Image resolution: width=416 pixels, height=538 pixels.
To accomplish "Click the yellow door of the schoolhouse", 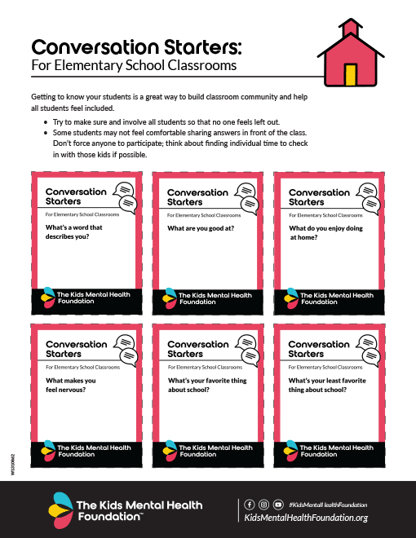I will pos(351,74).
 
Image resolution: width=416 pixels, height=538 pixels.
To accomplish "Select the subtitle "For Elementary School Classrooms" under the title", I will pos(133,64).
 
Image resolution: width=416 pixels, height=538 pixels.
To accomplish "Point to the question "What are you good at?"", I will pos(201,228).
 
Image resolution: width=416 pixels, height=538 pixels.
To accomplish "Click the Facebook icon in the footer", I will pos(248,505).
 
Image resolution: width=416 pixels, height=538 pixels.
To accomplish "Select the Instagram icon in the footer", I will pos(263,505).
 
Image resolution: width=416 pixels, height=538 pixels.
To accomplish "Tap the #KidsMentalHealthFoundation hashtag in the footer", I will pos(327,505).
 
